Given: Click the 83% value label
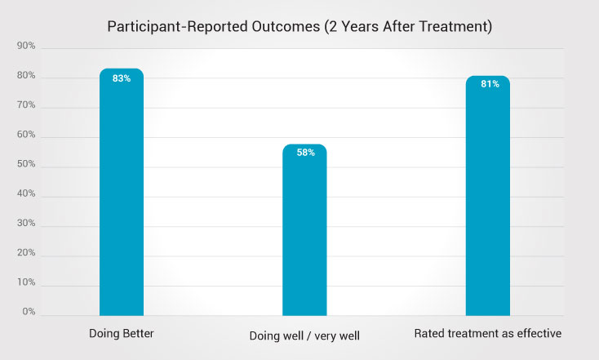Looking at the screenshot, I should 122,79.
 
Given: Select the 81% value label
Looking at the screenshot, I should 487,85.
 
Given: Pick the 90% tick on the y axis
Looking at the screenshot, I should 26,47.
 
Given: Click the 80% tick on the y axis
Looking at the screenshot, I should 26,76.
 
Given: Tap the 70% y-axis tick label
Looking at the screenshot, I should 26,106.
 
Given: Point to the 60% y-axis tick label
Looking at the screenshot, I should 26,136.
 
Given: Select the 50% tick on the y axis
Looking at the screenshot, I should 26,166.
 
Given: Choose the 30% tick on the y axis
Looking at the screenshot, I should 26,224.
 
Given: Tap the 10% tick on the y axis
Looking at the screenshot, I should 26,283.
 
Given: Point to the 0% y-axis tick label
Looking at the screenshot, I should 28,313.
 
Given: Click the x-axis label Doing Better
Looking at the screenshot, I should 122,334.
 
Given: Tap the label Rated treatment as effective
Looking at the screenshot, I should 488,334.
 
